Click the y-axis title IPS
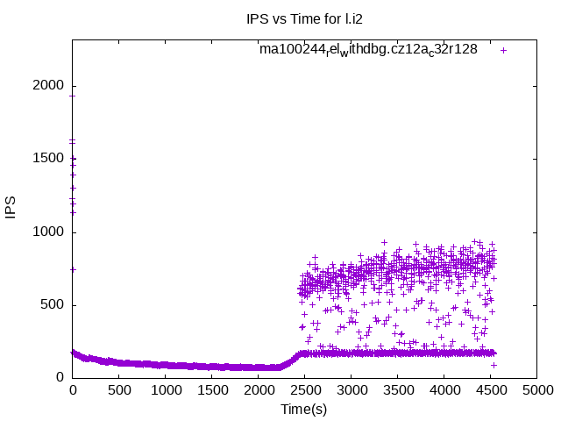coord(11,209)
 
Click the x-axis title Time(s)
coord(304,410)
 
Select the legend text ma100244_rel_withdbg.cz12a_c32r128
coord(368,49)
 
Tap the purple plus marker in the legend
coord(503,50)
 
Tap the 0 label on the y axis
coord(60,378)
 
